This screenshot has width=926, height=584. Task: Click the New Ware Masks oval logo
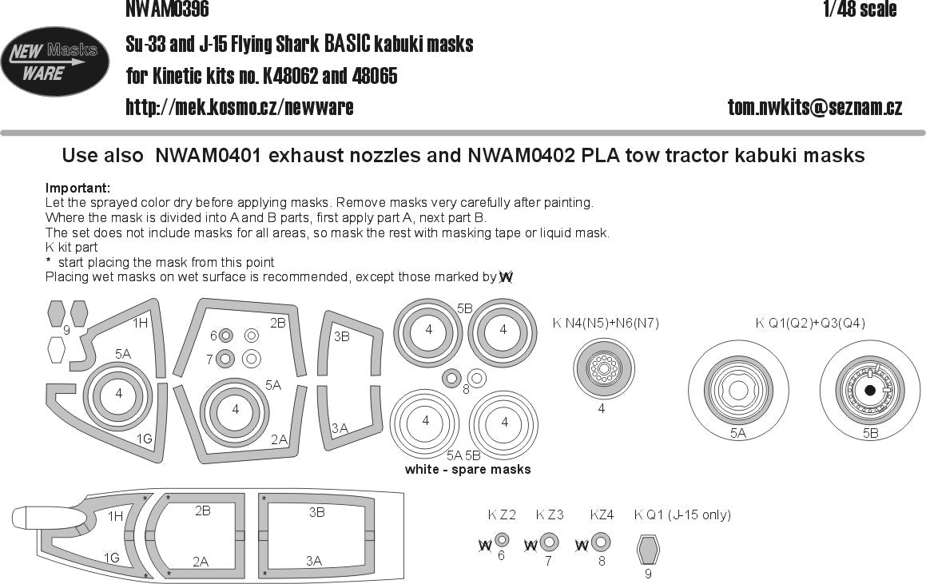click(x=55, y=62)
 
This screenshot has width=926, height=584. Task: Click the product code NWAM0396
click(x=167, y=10)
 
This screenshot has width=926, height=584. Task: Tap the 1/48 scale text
click(x=859, y=10)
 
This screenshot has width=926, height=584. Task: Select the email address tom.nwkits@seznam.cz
click(x=814, y=107)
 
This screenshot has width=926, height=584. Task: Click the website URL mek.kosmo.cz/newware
click(x=240, y=107)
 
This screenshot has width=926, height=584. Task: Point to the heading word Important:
click(x=77, y=189)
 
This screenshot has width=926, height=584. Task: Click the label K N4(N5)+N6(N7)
click(x=606, y=323)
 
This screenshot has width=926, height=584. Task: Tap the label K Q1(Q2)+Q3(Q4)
click(x=809, y=323)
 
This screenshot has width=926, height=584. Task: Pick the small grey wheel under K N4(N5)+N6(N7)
click(x=604, y=370)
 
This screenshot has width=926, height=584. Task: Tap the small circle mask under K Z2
click(x=501, y=541)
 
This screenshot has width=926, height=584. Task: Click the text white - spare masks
click(x=467, y=469)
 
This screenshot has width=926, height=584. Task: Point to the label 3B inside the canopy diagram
click(x=316, y=512)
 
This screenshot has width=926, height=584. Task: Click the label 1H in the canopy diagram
click(x=115, y=517)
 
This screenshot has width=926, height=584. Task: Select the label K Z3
click(x=549, y=514)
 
